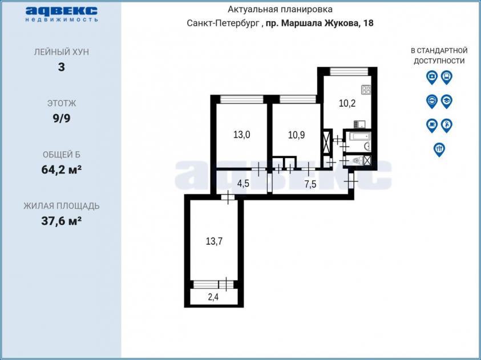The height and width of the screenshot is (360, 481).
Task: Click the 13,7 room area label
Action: point(214,241)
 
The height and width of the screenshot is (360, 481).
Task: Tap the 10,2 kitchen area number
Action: point(347,103)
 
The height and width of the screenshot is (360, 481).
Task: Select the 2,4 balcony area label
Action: point(213,297)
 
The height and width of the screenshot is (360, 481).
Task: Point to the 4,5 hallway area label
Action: point(243,184)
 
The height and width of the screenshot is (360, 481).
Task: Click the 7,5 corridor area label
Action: point(310,184)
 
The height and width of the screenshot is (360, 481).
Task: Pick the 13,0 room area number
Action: point(241,134)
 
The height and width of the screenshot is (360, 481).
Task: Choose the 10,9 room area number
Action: point(296,135)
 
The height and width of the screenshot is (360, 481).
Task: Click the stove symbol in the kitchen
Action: point(366,90)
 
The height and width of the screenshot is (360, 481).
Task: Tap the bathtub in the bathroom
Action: point(357,136)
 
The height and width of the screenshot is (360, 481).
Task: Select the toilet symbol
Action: point(356,160)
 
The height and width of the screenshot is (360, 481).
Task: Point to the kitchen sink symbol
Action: point(359,124)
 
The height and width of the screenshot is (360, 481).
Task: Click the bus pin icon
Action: point(447,77)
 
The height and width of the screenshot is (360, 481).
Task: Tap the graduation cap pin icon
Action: point(447,102)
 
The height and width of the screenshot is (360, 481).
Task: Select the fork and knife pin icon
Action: point(439,149)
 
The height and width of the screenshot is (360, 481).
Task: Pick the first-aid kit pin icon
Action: point(432,77)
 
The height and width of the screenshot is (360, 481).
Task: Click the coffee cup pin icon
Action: point(432,126)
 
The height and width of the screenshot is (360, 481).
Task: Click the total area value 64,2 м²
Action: point(62,169)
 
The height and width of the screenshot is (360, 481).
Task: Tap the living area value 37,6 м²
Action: point(62,220)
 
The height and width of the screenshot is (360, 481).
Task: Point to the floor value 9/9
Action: point(62,118)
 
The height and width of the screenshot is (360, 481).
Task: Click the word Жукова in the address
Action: point(342,23)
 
